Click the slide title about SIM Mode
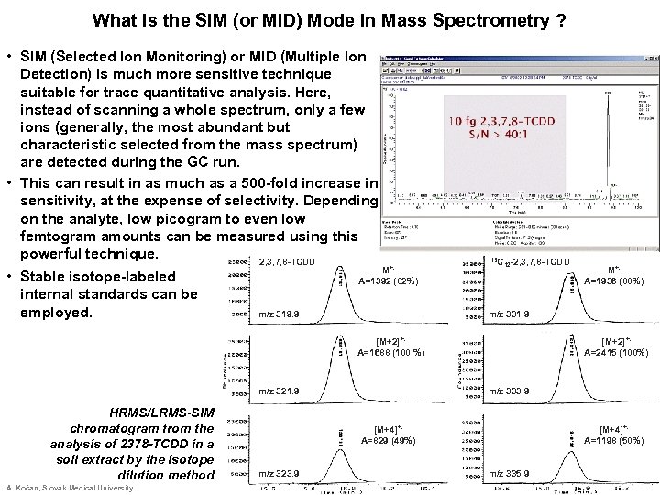[x=329, y=19]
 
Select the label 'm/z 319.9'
[x=283, y=314]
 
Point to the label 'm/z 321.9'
[x=283, y=392]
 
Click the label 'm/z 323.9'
[x=283, y=473]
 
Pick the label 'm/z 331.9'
[x=510, y=314]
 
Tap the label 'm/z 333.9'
[x=510, y=392]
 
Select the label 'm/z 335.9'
[x=510, y=473]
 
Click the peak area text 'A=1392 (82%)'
[x=389, y=281]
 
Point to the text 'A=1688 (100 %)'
[x=390, y=351]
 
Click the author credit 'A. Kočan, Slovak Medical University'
[x=70, y=488]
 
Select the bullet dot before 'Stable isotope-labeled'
[x=8, y=276]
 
